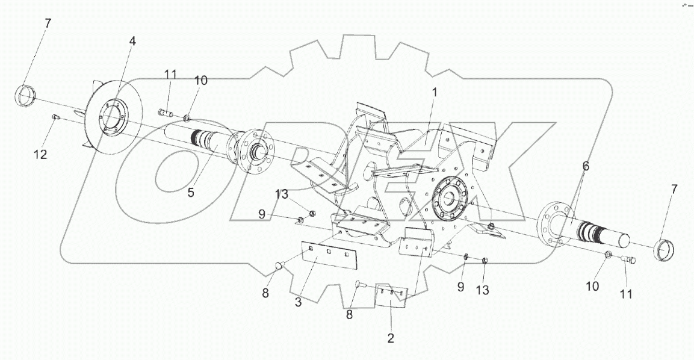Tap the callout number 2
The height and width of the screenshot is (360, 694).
point(391,338)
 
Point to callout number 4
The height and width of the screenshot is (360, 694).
point(132,42)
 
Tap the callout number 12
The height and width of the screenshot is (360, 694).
point(40,155)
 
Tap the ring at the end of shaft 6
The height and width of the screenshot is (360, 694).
point(665,248)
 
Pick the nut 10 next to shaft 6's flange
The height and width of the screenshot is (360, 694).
point(609,256)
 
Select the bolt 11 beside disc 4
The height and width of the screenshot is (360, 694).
point(166,112)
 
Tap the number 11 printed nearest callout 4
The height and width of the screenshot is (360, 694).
point(171,75)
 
